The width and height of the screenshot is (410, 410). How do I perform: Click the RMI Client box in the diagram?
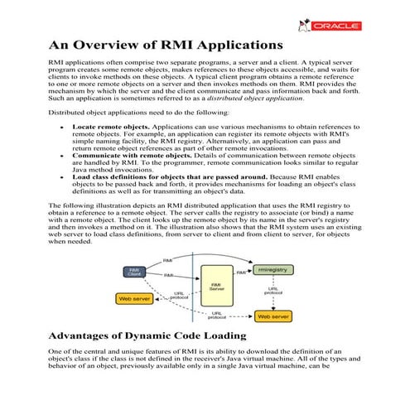[134, 271]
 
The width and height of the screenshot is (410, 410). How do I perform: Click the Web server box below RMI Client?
[137, 298]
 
